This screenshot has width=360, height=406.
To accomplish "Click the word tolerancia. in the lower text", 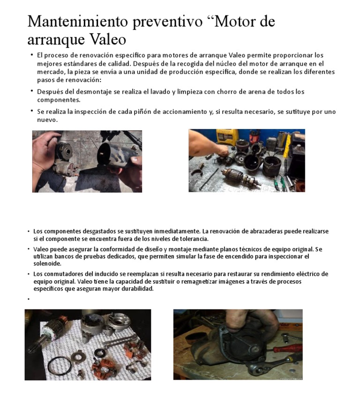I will pos(193,239).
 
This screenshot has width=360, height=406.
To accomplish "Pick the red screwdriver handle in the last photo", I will pos(287,348).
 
